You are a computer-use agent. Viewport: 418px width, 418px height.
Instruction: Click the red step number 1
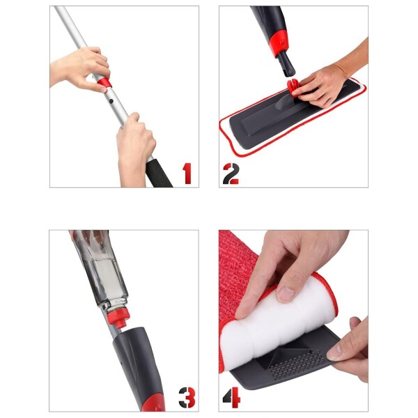click(x=187, y=173)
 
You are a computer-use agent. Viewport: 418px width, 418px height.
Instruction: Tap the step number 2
click(x=231, y=173)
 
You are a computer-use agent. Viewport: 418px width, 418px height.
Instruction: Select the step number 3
click(x=187, y=397)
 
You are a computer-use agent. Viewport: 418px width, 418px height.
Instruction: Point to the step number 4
click(x=231, y=398)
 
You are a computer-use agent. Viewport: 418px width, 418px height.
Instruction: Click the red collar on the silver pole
click(x=104, y=83)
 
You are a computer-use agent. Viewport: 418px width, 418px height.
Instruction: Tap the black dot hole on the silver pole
click(x=111, y=101)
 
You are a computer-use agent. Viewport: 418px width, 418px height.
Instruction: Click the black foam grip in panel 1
click(x=158, y=173)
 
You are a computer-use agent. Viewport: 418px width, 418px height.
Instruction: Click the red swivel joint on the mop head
click(x=293, y=87)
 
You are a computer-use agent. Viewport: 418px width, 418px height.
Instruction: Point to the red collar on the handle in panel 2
click(x=279, y=42)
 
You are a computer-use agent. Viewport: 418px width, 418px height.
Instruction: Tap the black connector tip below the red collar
click(x=286, y=64)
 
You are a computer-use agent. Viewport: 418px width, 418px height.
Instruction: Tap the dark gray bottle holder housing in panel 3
click(x=137, y=365)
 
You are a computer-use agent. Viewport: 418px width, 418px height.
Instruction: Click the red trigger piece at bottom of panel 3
click(x=153, y=403)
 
